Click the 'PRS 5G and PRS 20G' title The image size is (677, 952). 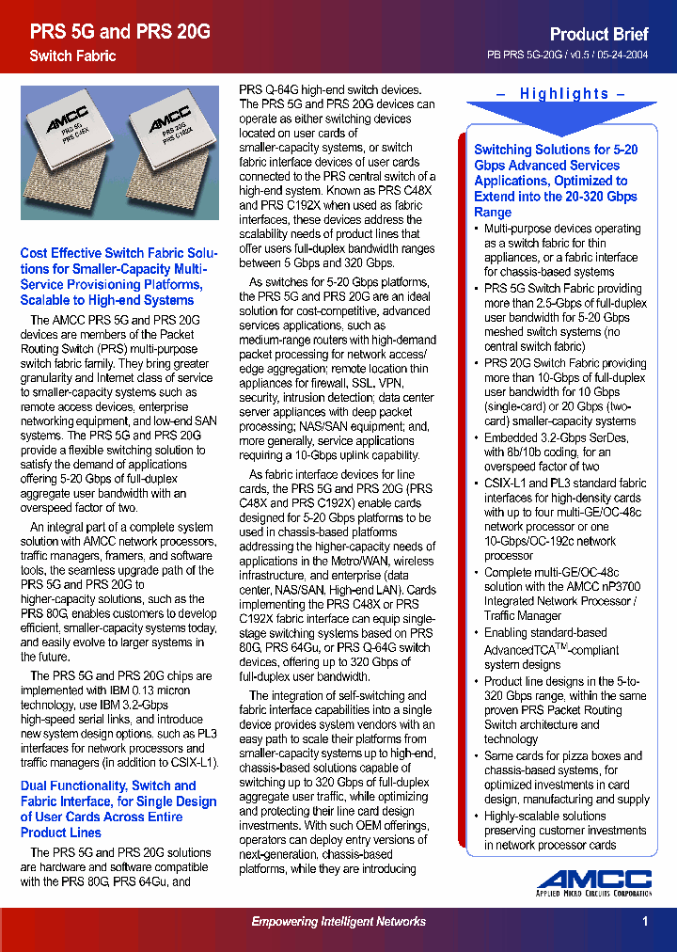119,32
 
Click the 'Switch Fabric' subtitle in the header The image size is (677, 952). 72,56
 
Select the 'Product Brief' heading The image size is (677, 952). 598,34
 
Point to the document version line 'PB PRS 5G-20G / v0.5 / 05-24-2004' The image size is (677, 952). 567,56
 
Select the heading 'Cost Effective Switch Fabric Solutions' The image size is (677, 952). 118,277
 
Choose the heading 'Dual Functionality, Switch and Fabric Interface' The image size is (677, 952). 118,809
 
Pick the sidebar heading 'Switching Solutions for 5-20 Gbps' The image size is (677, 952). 556,181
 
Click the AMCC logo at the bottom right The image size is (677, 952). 594,883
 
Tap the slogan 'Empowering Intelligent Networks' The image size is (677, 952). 338,922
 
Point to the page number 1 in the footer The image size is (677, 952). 645,922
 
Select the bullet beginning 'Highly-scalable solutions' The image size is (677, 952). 564,831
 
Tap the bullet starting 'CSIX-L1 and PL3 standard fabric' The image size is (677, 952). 564,519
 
